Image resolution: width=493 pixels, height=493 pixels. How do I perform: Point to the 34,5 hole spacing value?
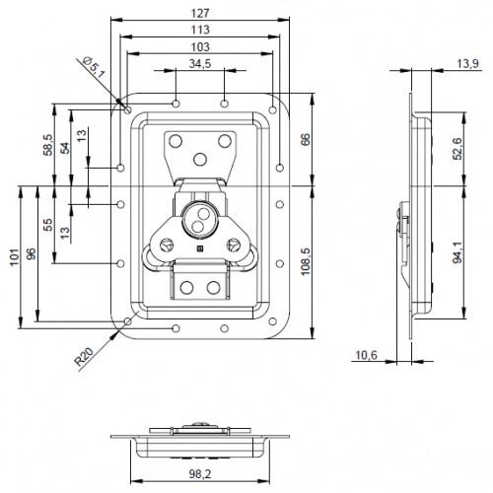(x=199, y=64)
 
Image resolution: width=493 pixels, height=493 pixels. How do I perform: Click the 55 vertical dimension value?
(x=48, y=225)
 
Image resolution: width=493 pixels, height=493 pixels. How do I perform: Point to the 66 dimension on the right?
(x=304, y=138)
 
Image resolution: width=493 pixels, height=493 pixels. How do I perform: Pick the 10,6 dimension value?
(x=366, y=356)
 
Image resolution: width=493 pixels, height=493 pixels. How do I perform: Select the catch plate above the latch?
(x=198, y=152)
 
